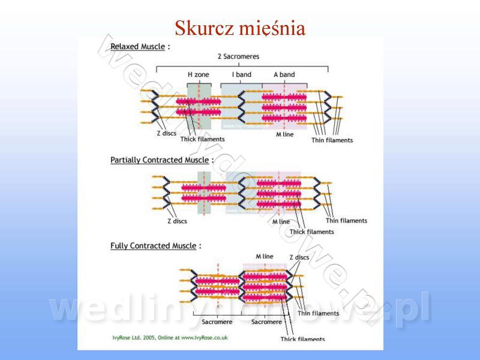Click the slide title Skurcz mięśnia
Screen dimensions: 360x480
pyautogui.click(x=240, y=28)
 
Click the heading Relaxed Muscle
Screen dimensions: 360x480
pyautogui.click(x=137, y=46)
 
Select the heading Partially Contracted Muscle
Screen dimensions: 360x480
pyautogui.click(x=160, y=160)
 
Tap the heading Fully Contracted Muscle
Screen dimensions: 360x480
pyautogui.click(x=154, y=245)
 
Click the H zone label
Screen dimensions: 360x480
pyautogui.click(x=199, y=74)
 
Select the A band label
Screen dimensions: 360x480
pyautogui.click(x=284, y=74)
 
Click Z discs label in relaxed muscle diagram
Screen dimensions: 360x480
pyautogui.click(x=166, y=133)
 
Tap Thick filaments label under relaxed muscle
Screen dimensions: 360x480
pyautogui.click(x=202, y=139)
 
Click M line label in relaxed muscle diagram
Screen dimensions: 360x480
pyautogui.click(x=286, y=134)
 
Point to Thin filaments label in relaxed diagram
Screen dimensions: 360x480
pyautogui.click(x=332, y=140)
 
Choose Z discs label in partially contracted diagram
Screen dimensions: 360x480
pyautogui.click(x=177, y=221)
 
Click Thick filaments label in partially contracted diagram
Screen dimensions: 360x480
pyautogui.click(x=311, y=232)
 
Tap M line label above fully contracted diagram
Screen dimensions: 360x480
pyautogui.click(x=264, y=256)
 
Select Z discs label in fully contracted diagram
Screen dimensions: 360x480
pyautogui.click(x=299, y=257)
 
